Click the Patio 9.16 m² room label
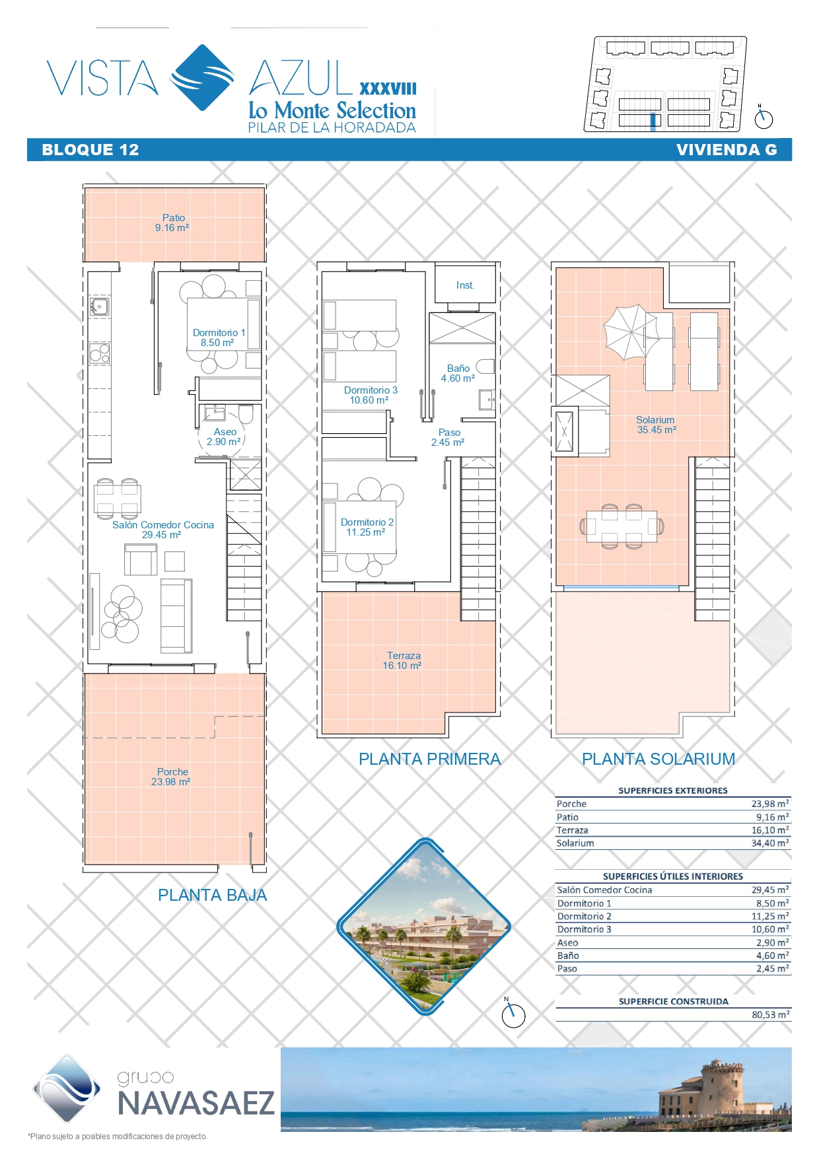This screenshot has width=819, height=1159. point(172,223)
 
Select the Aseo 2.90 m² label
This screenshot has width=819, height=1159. point(225,437)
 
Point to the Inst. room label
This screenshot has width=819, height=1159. point(466,285)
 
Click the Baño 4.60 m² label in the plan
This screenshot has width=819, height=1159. point(458,373)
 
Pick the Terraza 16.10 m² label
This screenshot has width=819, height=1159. point(403,660)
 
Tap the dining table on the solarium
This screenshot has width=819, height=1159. point(622,526)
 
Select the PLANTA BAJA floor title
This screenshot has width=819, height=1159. point(212,896)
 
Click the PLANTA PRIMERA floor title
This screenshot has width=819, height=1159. point(429,759)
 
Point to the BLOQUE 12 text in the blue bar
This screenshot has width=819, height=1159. point(90,150)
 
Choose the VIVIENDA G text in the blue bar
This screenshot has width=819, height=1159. point(727,150)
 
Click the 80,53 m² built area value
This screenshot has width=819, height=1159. point(770,1014)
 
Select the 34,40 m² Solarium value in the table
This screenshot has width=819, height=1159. point(770,843)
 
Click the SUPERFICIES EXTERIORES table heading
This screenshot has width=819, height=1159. point(673,790)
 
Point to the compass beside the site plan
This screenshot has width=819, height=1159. point(764,118)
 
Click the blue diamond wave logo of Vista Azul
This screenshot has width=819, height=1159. point(202,77)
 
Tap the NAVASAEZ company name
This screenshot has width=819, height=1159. point(196,1104)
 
